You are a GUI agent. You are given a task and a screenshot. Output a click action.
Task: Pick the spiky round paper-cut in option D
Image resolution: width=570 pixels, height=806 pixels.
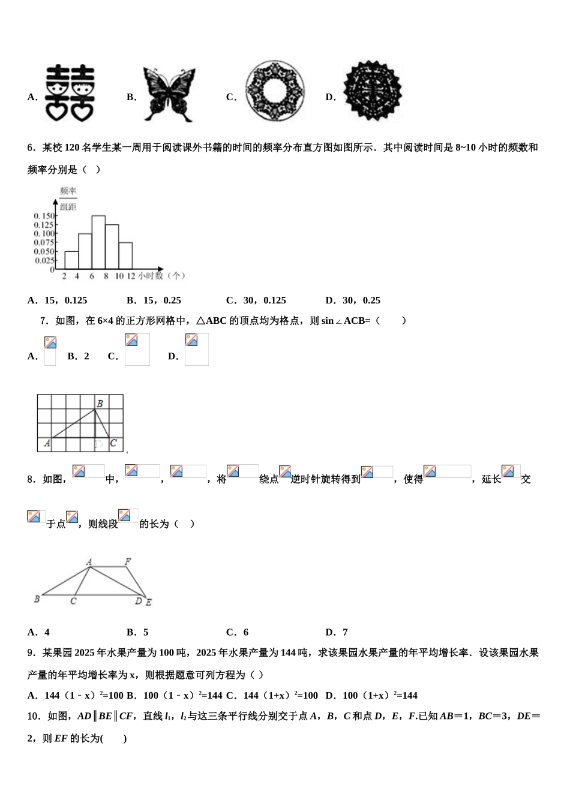point(373,92)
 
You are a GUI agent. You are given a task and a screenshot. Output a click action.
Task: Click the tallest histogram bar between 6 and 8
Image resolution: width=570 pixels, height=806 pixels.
point(98,242)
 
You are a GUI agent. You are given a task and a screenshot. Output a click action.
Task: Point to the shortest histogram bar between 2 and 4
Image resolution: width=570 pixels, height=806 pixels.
point(71,260)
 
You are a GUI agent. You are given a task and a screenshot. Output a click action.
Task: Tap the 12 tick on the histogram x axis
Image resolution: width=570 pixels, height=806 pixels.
point(131,276)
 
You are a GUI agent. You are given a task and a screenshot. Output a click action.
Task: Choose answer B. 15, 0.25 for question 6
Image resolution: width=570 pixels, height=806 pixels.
point(154,300)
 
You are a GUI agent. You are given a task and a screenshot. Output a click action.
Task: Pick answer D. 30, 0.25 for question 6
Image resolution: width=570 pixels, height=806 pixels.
point(353,300)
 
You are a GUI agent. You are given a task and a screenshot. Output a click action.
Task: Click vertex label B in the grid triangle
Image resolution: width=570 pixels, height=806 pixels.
point(100,404)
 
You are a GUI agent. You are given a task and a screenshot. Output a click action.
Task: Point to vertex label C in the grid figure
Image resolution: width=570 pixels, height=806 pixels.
point(113,444)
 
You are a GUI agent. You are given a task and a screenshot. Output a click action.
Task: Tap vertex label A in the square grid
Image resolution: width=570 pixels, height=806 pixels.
point(47,444)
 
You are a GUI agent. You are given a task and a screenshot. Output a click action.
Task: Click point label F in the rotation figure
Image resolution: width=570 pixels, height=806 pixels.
point(127,562)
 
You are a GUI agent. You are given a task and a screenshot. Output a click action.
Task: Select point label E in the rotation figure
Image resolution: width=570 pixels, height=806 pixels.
point(148,602)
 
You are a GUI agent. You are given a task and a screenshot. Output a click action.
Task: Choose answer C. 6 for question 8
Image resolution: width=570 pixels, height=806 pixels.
point(238,632)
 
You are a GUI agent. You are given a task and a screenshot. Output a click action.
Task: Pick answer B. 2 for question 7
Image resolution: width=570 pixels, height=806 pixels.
point(79,356)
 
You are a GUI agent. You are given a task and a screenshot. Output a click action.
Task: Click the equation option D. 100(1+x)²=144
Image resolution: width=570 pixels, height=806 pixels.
point(371,696)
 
